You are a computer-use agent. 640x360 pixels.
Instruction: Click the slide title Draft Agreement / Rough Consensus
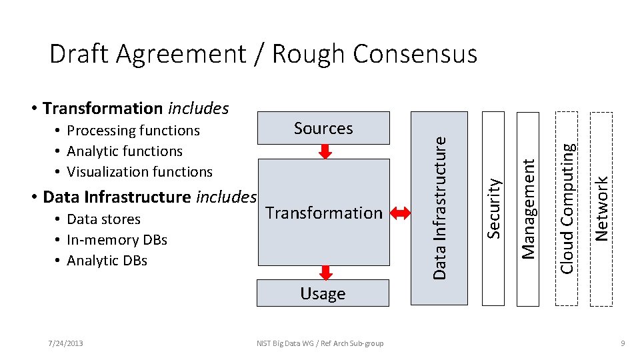click(x=263, y=54)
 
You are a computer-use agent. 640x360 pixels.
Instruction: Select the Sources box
click(x=323, y=128)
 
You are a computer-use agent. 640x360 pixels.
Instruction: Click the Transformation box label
click(x=323, y=213)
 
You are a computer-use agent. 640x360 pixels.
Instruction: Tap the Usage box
click(x=323, y=293)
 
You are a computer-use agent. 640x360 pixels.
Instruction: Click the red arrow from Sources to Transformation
click(x=325, y=152)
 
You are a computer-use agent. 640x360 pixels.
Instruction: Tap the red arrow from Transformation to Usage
click(x=325, y=272)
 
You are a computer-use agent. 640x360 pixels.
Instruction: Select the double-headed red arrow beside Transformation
click(x=401, y=213)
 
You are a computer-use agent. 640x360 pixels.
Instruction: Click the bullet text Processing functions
click(x=133, y=131)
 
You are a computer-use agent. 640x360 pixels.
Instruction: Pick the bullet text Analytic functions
click(x=125, y=151)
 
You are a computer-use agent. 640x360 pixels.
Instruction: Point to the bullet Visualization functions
click(x=139, y=172)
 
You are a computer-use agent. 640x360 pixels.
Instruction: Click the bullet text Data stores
click(x=104, y=219)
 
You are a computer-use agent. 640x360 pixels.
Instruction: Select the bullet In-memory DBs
click(x=117, y=240)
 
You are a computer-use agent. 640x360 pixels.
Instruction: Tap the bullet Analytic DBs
click(x=107, y=261)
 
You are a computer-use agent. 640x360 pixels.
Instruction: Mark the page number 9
click(x=621, y=343)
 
